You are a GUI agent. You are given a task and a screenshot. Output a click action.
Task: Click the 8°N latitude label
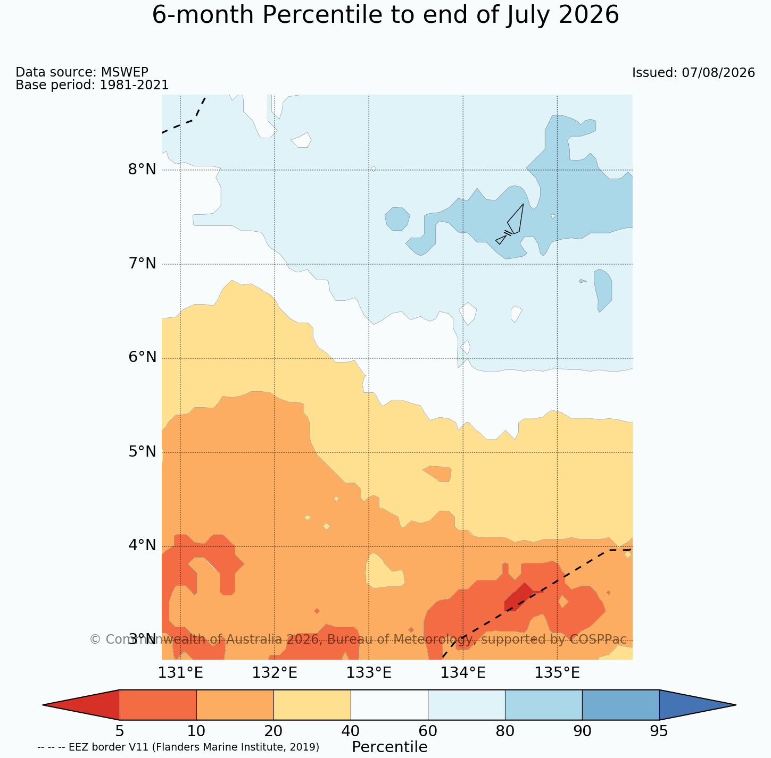pos(142,170)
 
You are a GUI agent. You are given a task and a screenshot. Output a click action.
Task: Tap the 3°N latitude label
pos(142,639)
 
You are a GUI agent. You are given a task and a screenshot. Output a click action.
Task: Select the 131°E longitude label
pos(180,673)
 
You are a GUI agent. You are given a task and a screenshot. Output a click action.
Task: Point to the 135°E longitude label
pos(557,673)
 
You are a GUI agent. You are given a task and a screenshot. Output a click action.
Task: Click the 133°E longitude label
pos(369,673)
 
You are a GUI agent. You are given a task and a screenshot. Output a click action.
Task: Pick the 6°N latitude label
pos(142,357)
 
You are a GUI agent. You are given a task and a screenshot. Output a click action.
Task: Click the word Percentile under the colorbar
pos(389,747)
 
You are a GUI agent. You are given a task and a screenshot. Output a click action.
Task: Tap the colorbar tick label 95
pos(659,731)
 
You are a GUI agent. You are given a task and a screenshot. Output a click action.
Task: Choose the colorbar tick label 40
pos(351,731)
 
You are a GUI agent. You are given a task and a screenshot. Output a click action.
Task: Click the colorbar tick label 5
pos(120,731)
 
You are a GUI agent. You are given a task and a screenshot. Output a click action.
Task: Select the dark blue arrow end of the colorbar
pos(698,705)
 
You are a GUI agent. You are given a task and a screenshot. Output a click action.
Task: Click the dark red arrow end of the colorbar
pos(81,705)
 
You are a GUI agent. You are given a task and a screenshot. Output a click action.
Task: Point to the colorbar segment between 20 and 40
pos(312,705)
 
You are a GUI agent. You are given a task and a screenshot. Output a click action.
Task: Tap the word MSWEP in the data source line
pos(125,72)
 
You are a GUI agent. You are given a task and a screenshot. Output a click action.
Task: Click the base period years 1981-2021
pos(134,85)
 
